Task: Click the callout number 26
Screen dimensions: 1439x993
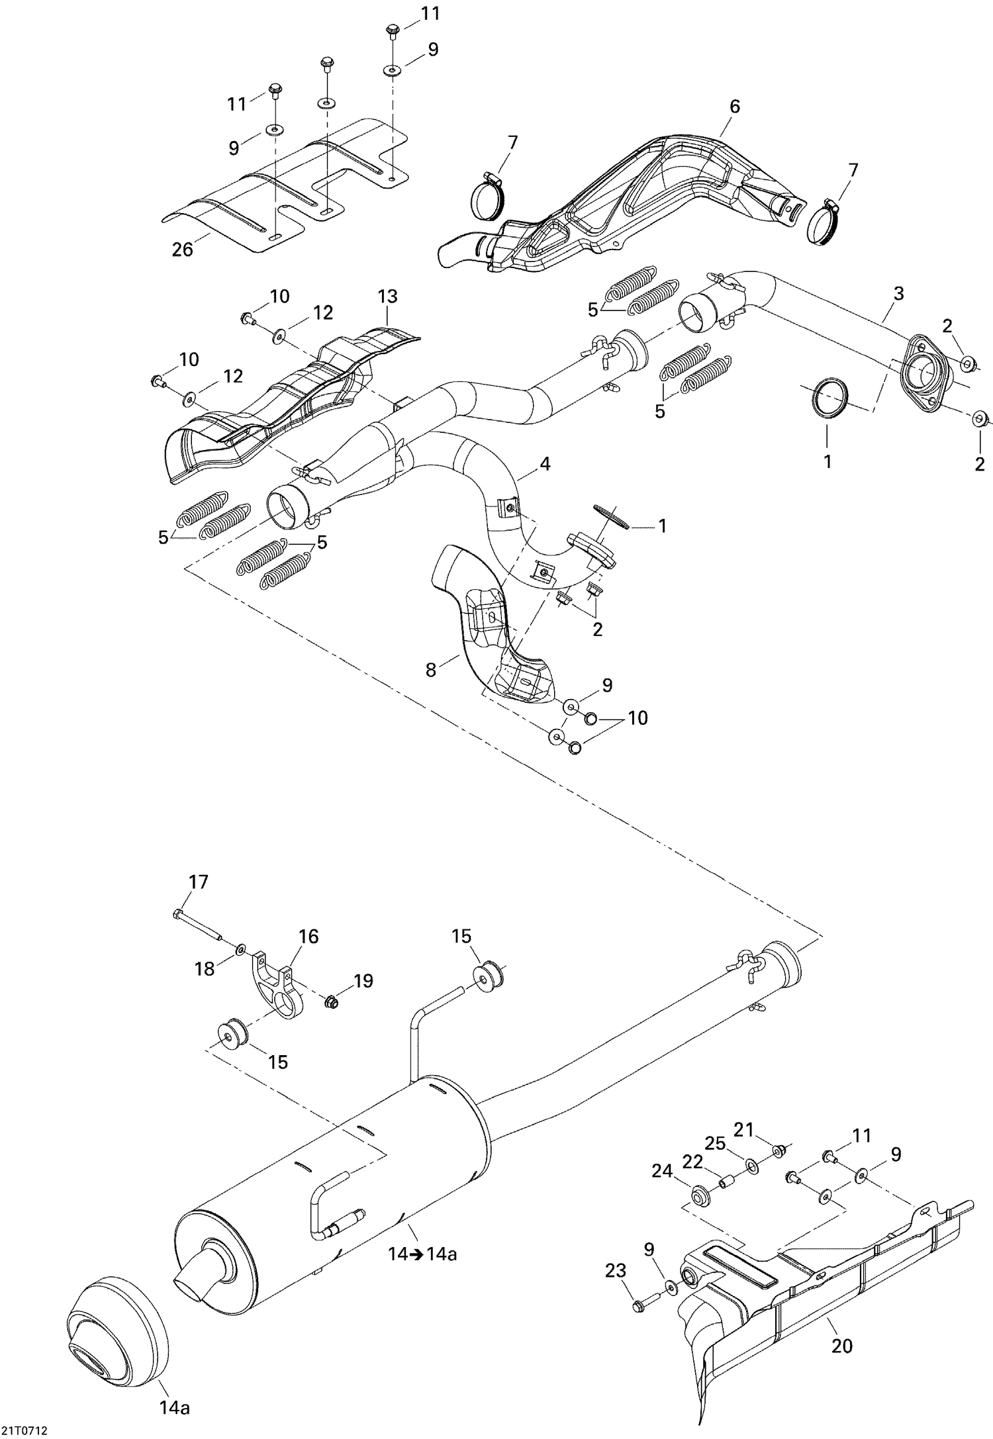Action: [x=182, y=250]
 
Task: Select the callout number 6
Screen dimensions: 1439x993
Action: [x=733, y=106]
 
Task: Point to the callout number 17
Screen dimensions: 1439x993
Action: [x=198, y=882]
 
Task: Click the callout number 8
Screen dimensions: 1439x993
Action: [x=431, y=670]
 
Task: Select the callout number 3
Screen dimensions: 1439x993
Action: [x=898, y=293]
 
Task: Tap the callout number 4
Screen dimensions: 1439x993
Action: [x=544, y=464]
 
